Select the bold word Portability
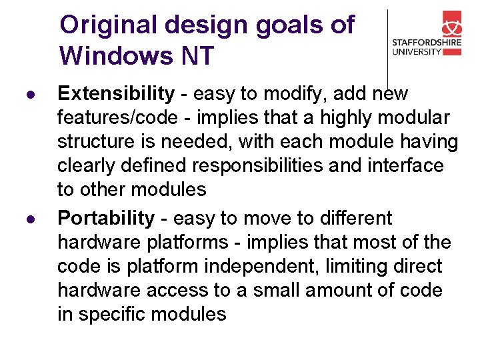(106, 219)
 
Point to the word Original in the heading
(107, 25)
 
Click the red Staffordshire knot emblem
(457, 26)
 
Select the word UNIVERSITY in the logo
(417, 52)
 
